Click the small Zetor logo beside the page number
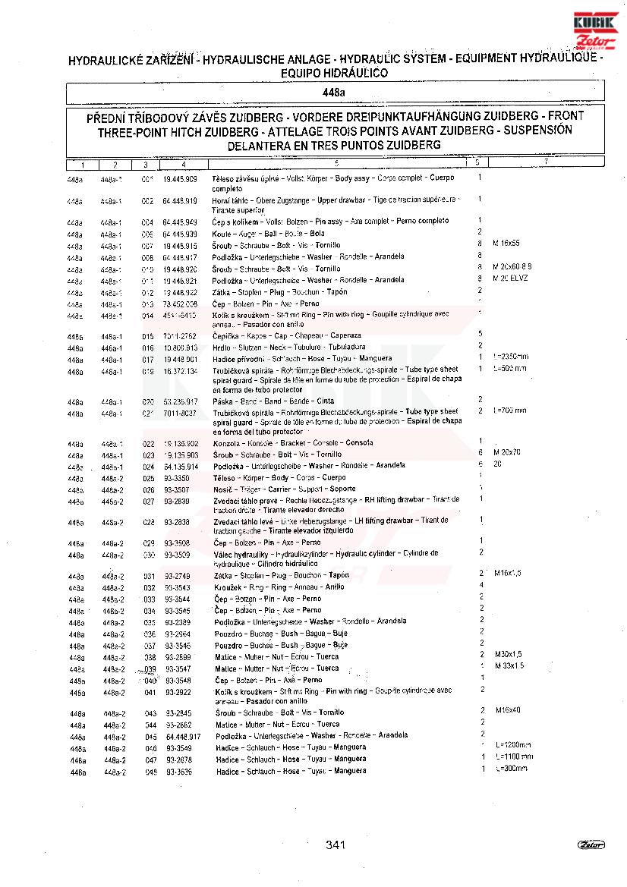(591, 845)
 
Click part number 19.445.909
(180, 179)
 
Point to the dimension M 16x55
(506, 244)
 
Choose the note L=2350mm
(510, 357)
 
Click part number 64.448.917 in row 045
(182, 736)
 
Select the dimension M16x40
(509, 711)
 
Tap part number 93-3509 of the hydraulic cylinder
(178, 555)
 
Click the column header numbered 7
(546, 163)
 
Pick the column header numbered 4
(184, 165)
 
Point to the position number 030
(149, 555)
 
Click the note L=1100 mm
(513, 756)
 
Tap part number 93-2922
(178, 693)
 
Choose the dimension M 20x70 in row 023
(507, 452)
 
